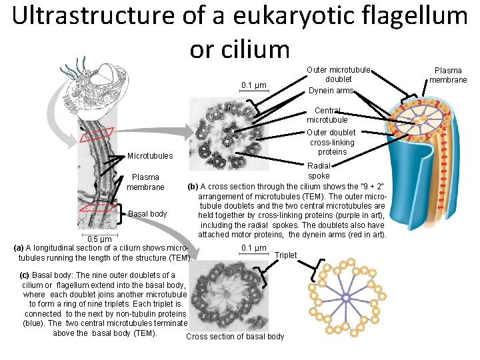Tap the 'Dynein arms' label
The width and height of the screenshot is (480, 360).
coord(331,91)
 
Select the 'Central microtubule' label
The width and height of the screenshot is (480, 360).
coord(327,115)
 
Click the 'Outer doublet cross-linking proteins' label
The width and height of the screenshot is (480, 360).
coord(331,142)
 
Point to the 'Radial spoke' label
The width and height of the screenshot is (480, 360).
coord(318,171)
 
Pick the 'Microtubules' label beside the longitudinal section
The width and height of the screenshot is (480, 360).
coord(149,156)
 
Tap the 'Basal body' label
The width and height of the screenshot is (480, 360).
coord(147,214)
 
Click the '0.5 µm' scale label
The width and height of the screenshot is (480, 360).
coord(99,240)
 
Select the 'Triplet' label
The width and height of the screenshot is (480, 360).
coord(286,255)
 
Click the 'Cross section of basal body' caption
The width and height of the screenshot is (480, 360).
coord(235,337)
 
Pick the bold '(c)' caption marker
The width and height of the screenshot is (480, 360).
coord(25,275)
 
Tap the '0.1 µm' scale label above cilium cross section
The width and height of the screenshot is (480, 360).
coord(254,85)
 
